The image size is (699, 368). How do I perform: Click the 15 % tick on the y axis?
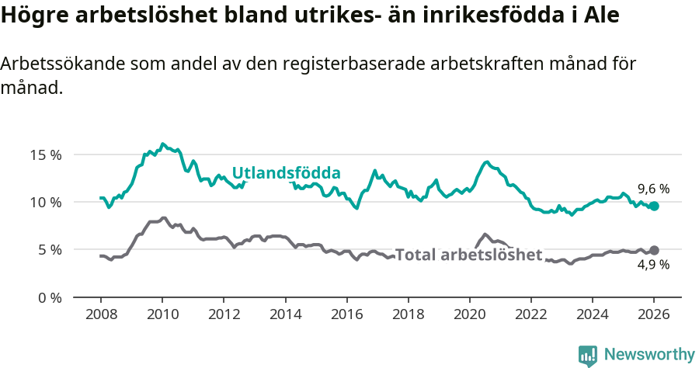click(46, 154)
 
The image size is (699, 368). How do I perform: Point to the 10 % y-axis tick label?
click(46, 202)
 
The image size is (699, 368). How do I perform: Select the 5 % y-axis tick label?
click(49, 250)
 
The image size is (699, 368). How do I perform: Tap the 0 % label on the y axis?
click(49, 297)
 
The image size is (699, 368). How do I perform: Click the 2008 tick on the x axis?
click(101, 316)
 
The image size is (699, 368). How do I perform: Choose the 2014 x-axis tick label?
click(285, 316)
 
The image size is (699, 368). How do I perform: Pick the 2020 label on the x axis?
click(469, 316)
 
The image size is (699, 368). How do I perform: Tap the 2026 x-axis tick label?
click(654, 316)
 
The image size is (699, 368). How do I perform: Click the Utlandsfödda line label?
click(287, 172)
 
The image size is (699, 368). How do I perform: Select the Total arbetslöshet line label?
click(468, 255)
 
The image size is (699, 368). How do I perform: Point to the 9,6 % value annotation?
click(653, 189)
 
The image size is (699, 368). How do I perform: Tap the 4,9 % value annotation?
click(653, 265)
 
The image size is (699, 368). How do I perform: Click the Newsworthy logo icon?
click(588, 356)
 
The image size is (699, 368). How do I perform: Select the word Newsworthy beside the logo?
click(649, 355)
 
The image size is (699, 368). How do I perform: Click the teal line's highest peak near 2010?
click(162, 144)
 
